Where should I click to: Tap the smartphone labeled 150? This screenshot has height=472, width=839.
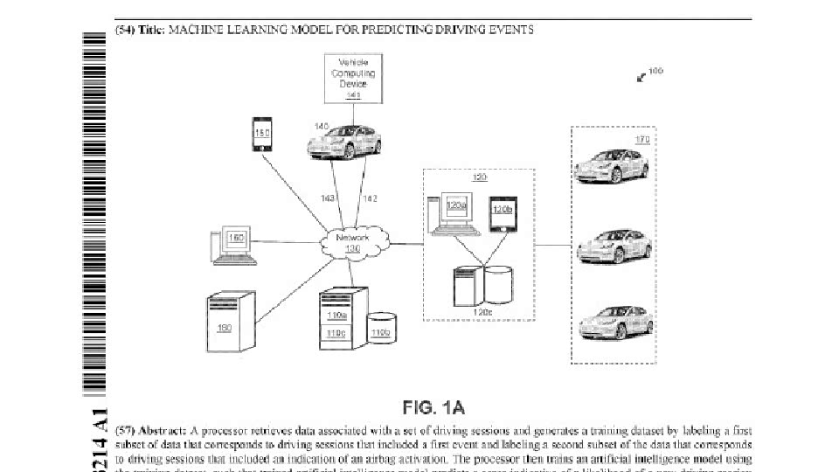coord(262,135)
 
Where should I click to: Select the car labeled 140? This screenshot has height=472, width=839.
coord(345,141)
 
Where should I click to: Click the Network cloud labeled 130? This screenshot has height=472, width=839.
coord(352,242)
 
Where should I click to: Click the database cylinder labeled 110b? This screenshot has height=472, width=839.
coord(381,327)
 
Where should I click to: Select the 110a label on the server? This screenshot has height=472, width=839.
coord(336,315)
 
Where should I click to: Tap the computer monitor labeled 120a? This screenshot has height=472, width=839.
coord(455,209)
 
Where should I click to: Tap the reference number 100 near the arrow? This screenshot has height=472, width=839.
coord(656,71)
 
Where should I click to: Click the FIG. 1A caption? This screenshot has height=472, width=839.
coord(433,407)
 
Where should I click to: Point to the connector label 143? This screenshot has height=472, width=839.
coord(328,199)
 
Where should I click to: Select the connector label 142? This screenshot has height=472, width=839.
coord(370,199)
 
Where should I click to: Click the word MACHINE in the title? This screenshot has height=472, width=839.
coord(198,30)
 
